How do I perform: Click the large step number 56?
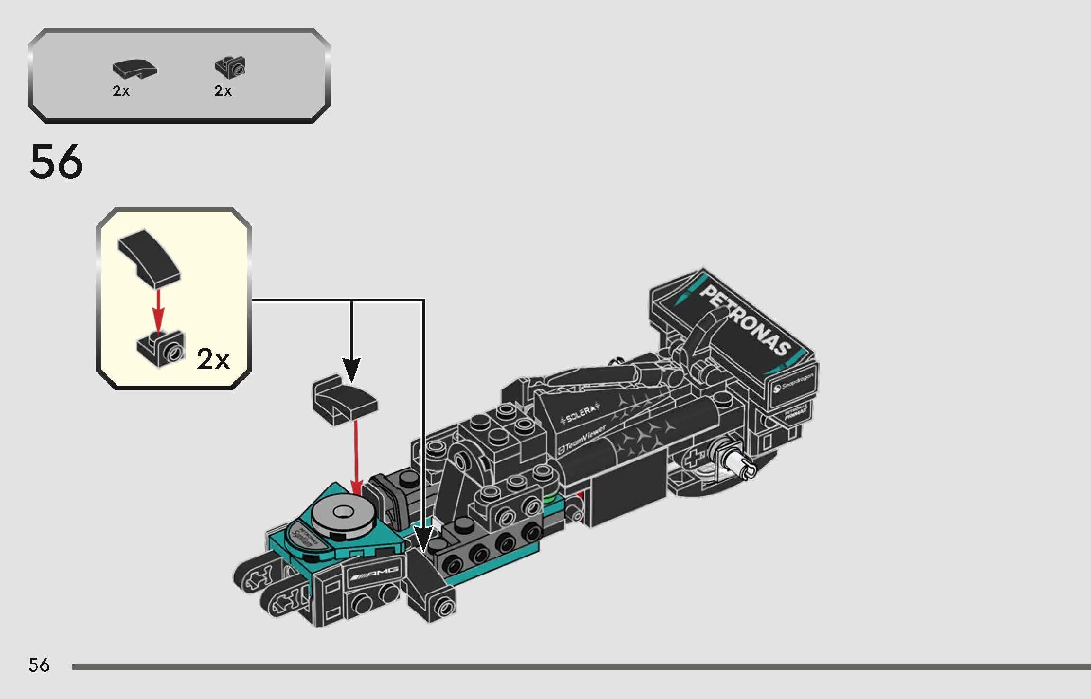[56, 162]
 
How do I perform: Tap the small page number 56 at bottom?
[38, 665]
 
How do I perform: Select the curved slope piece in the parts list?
[134, 69]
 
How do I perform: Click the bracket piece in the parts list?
[231, 67]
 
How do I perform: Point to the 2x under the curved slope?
[121, 90]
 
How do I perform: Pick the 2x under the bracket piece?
[223, 90]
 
